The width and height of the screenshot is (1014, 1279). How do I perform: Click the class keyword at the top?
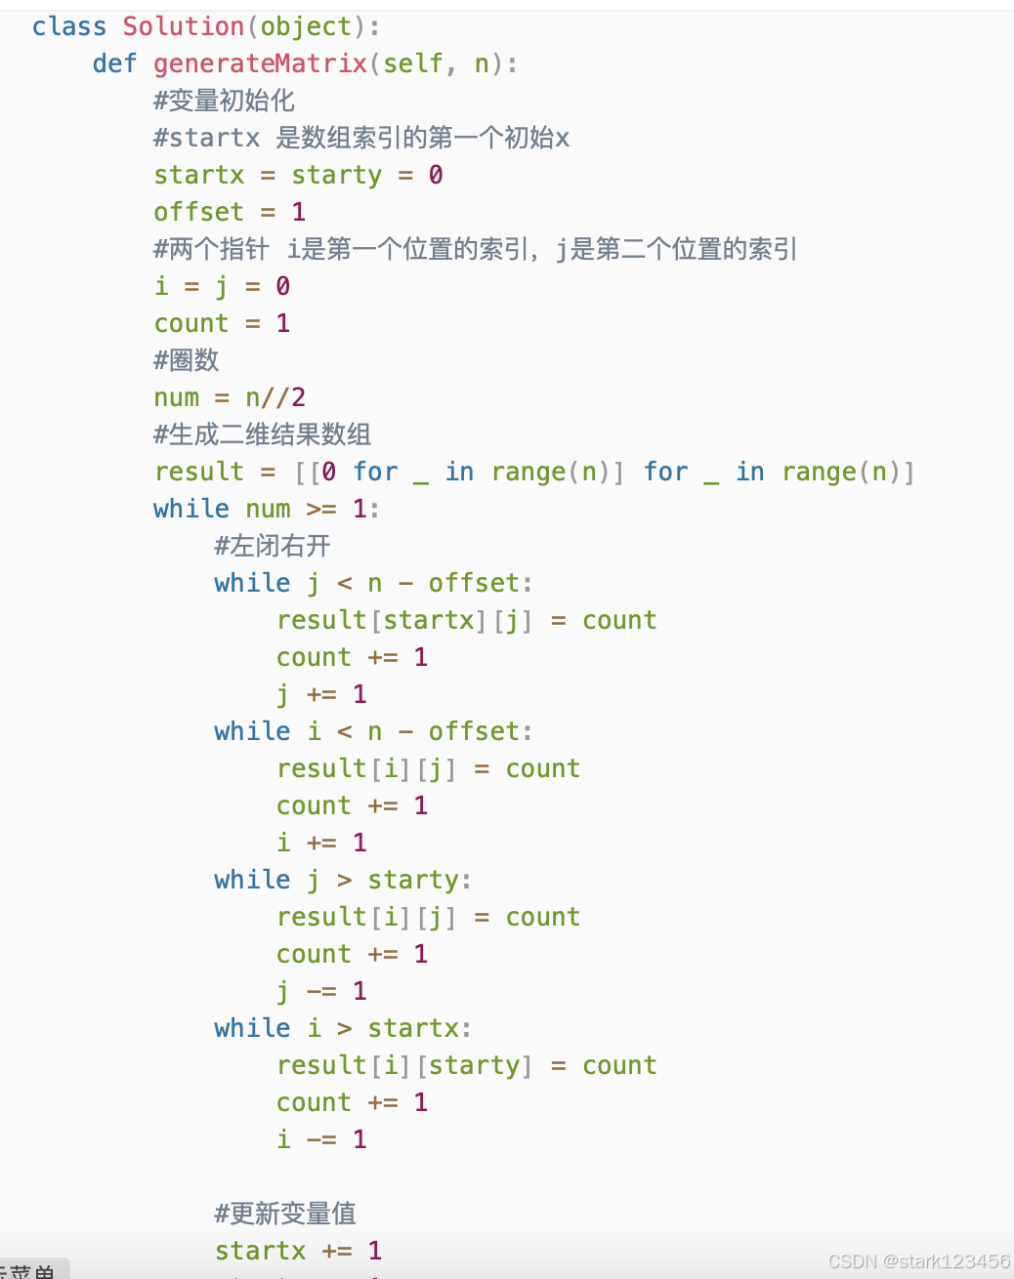click(68, 26)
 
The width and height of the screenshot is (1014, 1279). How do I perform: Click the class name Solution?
click(183, 26)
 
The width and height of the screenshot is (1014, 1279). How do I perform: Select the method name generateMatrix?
click(260, 63)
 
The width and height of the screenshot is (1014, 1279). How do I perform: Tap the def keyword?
click(114, 63)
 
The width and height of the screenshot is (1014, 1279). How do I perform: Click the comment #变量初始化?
click(224, 101)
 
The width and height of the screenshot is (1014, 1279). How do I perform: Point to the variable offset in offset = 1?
click(198, 212)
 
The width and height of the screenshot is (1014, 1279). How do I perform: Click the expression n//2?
click(275, 397)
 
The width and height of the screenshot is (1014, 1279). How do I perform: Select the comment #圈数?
click(186, 360)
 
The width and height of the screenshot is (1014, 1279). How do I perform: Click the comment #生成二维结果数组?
click(262, 434)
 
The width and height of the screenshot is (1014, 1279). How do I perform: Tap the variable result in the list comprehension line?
click(198, 472)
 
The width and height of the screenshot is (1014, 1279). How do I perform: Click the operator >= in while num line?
click(321, 509)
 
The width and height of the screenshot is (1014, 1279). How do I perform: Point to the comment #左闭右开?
click(273, 546)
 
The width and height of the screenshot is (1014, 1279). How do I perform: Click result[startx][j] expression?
click(404, 620)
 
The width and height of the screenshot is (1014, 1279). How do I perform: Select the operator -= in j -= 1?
click(321, 991)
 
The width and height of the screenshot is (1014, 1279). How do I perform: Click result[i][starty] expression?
click(404, 1065)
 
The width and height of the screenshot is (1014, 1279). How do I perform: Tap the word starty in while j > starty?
click(413, 880)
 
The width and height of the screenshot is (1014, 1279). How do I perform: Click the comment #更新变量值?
click(285, 1214)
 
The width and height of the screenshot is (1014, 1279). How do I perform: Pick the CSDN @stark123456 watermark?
click(918, 1260)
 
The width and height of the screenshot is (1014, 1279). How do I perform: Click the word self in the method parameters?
click(413, 63)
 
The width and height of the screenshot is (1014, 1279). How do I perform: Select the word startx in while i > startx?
click(413, 1028)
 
